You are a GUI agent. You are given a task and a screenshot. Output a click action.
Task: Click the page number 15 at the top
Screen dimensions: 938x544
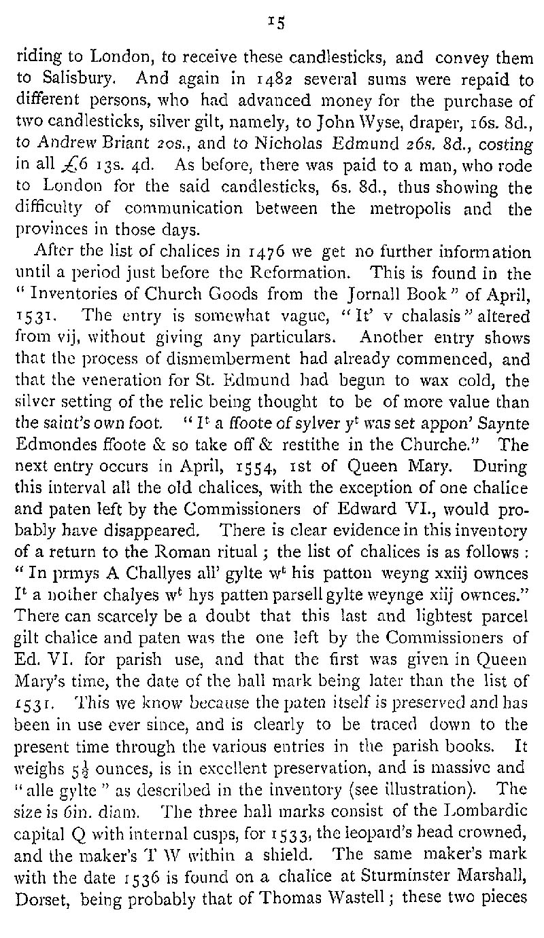pyautogui.click(x=275, y=22)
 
